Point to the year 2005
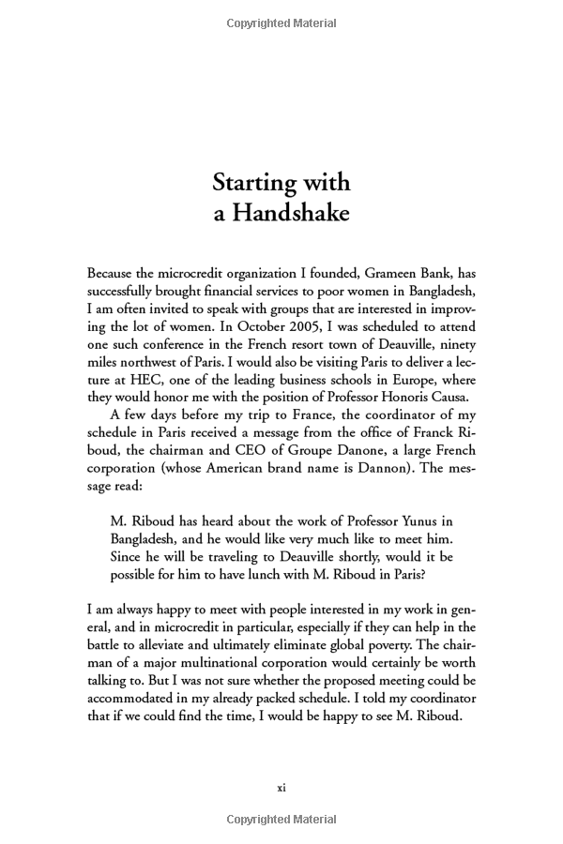(263, 326)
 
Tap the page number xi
(281, 788)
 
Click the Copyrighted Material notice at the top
(281, 22)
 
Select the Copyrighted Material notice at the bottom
(281, 821)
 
